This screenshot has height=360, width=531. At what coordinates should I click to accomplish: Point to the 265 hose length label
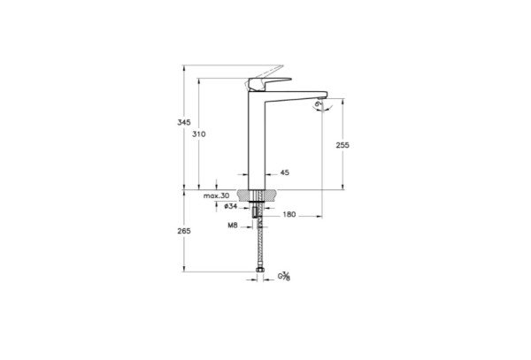point(183,231)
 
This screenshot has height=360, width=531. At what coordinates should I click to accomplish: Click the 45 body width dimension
point(285,173)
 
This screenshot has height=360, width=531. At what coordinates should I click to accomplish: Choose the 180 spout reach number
point(289,214)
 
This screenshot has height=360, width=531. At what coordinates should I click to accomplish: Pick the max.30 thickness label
point(215,195)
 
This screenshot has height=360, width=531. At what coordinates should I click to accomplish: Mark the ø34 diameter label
point(228,206)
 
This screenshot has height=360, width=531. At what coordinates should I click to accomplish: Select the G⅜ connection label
point(284,277)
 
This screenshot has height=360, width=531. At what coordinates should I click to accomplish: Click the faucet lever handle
point(263,83)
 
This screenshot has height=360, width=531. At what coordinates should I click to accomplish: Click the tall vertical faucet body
point(257,142)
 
